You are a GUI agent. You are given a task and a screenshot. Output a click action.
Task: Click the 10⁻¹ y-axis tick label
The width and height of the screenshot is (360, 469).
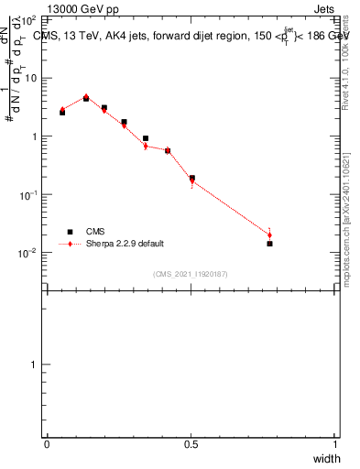(x=27, y=195)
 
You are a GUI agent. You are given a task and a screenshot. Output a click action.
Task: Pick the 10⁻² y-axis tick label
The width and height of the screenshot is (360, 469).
(x=27, y=254)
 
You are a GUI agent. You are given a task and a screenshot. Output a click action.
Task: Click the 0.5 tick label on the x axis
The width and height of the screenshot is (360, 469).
(x=191, y=444)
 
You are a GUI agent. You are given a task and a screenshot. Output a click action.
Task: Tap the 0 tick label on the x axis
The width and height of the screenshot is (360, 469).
(x=47, y=444)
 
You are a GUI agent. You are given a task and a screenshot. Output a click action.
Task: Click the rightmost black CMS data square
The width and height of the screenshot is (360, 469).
(x=269, y=244)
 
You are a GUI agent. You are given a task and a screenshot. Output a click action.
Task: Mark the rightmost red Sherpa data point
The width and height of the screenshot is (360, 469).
(x=269, y=235)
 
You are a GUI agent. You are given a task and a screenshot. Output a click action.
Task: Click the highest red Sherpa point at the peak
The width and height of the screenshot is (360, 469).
(x=86, y=96)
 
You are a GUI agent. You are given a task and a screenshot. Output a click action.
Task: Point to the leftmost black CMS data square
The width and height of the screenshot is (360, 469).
(x=62, y=113)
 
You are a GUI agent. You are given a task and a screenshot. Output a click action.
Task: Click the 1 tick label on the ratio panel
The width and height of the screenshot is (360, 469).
(x=35, y=365)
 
